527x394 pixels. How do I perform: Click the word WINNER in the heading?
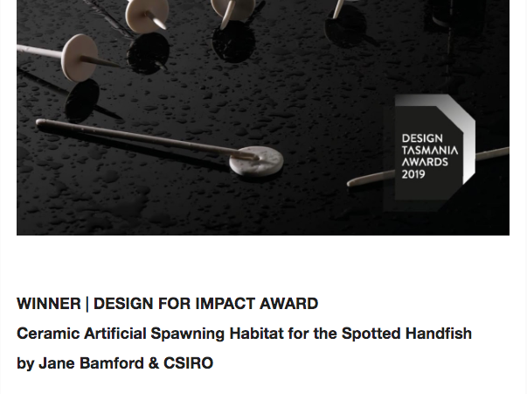point(49,304)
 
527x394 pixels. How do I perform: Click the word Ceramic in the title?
point(48,334)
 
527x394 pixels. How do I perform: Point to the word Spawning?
point(188,334)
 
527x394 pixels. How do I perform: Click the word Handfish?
point(439,334)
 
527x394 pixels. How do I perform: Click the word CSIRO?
point(188,363)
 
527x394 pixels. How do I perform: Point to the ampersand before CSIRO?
point(153,363)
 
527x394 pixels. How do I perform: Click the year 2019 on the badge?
point(413,174)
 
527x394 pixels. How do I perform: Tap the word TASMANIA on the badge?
point(430,151)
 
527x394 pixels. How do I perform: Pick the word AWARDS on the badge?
point(425,162)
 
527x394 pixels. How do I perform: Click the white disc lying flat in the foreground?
point(256,161)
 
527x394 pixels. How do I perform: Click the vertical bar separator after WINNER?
point(87,304)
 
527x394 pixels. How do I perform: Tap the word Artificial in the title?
point(115,334)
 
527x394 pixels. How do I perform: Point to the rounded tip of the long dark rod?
point(38,123)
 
